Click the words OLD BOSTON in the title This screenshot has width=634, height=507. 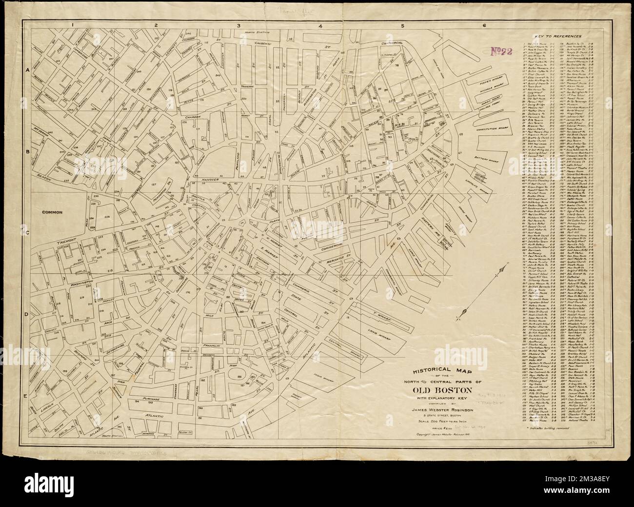tap(442, 390)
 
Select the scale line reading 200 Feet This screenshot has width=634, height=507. tap(442, 421)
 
